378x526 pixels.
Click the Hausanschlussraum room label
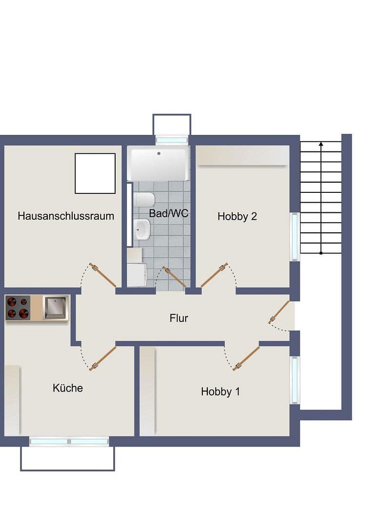tap(66, 216)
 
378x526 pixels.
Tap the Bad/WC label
tap(169, 213)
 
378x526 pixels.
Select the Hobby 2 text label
tap(237, 217)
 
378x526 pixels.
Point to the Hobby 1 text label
tap(220, 392)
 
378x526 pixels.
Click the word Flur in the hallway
tap(179, 319)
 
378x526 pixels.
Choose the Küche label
tap(68, 388)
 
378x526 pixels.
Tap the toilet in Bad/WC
tap(144, 200)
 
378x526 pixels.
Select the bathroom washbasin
tap(142, 229)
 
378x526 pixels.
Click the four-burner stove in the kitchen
tap(18, 308)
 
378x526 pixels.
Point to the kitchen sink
tap(56, 308)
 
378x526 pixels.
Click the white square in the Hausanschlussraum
tap(95, 173)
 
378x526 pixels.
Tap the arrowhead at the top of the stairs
tap(321, 144)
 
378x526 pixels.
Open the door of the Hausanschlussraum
tap(103, 276)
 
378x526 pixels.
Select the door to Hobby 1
tap(246, 359)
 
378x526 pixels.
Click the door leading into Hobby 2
tap(214, 275)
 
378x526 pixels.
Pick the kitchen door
tap(103, 358)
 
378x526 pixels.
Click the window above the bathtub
tap(171, 140)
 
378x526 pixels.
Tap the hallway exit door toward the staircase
tap(279, 312)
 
